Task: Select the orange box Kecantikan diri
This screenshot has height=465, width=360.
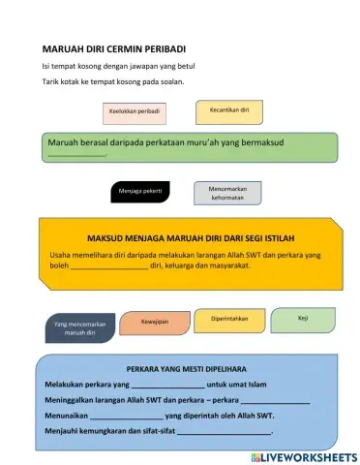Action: (x=229, y=110)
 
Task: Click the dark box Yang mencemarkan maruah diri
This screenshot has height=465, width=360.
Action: (x=86, y=327)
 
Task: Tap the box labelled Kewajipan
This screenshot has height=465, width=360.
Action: (x=155, y=321)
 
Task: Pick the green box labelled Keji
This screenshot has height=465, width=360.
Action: (x=303, y=317)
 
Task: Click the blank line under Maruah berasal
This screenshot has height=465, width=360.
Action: (x=76, y=155)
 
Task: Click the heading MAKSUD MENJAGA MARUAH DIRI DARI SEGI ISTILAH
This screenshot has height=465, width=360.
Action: (x=191, y=237)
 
